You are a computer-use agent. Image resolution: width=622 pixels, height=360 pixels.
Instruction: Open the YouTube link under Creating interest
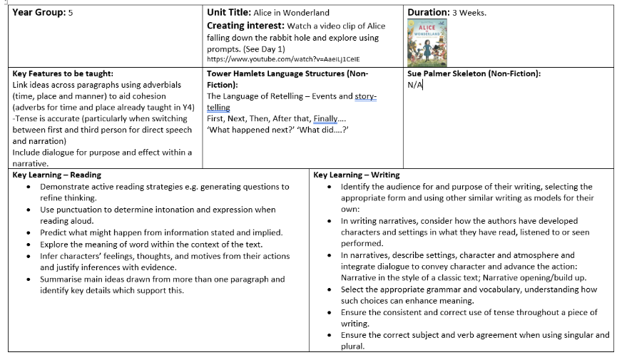pos(283,60)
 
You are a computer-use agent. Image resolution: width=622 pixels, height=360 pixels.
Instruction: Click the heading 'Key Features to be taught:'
pos(63,73)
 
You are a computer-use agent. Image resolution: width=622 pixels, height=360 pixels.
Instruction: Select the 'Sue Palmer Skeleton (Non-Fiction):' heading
pos(474,73)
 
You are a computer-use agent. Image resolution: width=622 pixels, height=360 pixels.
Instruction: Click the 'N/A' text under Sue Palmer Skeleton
pos(415,85)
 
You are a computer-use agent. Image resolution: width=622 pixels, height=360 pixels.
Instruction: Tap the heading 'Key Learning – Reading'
pos(57,175)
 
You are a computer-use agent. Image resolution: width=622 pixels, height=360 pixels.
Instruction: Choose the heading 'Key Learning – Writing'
pos(356,175)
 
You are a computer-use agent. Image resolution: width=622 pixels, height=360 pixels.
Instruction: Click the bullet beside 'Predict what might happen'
pos(28,232)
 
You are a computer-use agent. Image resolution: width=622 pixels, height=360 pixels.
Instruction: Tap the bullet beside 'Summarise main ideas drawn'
pos(28,279)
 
